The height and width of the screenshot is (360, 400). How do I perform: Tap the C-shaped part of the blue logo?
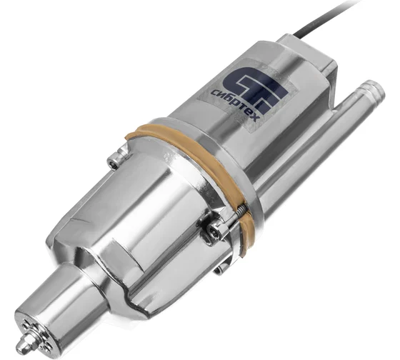236,81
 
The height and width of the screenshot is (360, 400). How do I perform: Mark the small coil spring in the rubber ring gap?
241,209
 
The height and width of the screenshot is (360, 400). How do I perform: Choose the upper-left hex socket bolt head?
113,163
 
